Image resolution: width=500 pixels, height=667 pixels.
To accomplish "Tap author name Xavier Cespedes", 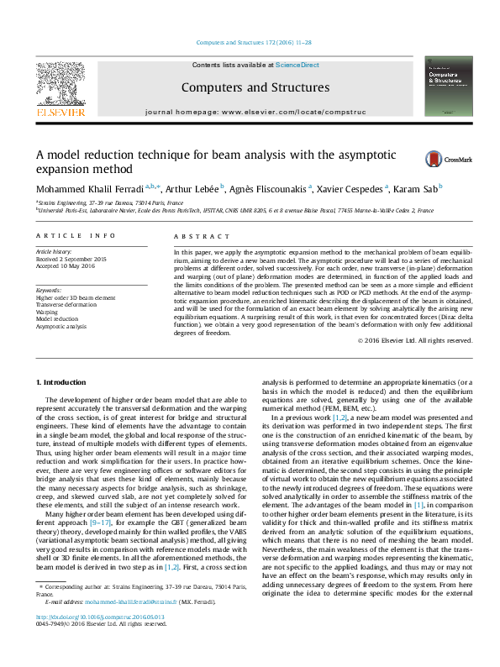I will coord(350,189).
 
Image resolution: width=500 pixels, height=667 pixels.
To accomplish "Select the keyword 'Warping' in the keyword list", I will coord(47,310).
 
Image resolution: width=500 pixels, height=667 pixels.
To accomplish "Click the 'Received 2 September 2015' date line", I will coord(71,259).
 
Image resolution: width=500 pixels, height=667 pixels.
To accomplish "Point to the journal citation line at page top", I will coord(250,42).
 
